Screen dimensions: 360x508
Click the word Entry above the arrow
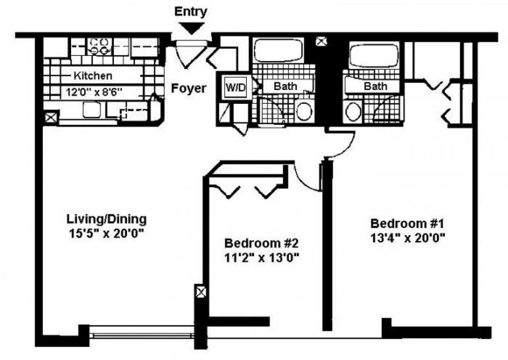[190, 11]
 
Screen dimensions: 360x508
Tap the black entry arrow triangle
[191, 28]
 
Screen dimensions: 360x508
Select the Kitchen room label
[93, 76]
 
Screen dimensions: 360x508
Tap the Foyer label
[189, 89]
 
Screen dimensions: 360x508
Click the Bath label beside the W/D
[285, 86]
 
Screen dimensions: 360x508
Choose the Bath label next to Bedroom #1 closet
[376, 86]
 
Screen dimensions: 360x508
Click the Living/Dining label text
[107, 219]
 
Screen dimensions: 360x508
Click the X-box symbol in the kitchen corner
[51, 117]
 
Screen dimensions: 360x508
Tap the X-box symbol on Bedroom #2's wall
[201, 292]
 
